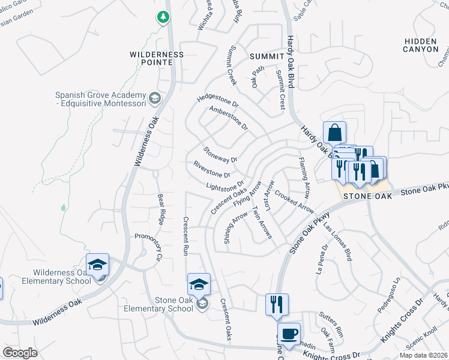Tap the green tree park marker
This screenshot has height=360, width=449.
pos(163,17)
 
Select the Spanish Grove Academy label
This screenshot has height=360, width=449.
pos(100,100)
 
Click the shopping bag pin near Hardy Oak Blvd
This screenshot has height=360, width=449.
pos(334,133)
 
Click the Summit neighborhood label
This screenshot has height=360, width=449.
pos(265,56)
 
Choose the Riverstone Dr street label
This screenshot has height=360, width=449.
pos(211,169)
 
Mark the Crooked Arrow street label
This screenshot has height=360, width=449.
pos(294,202)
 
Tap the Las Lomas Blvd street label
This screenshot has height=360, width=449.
pos(337,243)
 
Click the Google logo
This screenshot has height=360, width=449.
pos(20,352)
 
